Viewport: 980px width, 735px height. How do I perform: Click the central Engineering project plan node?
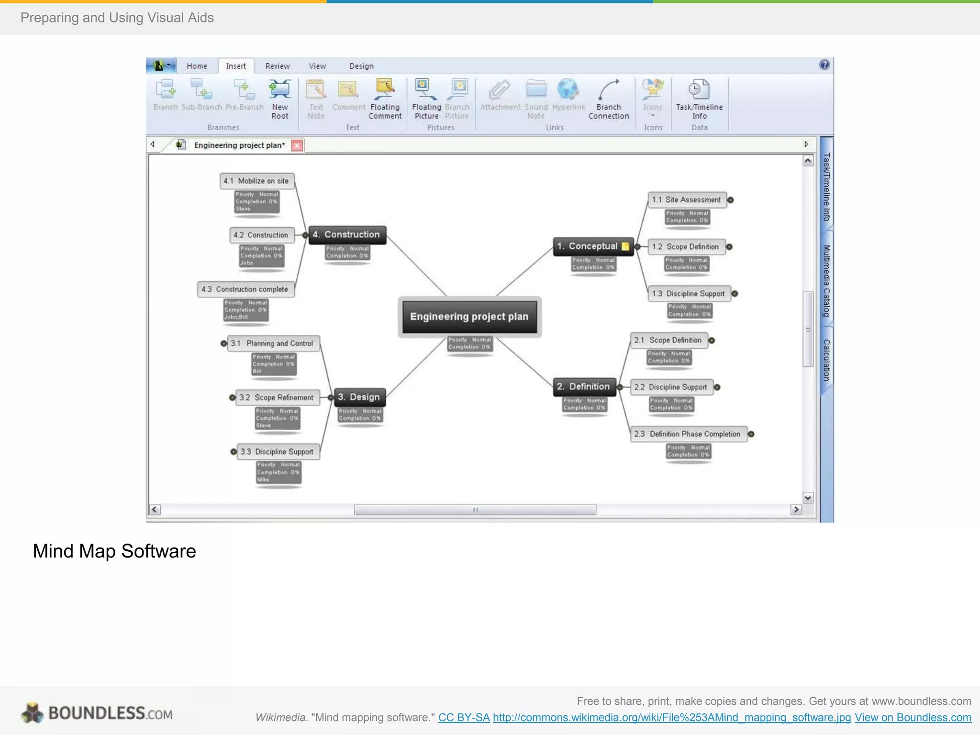click(x=469, y=317)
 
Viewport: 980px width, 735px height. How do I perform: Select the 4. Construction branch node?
click(x=347, y=234)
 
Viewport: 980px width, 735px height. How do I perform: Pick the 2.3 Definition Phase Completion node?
click(x=688, y=434)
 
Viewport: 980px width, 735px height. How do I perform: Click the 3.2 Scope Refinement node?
click(x=277, y=397)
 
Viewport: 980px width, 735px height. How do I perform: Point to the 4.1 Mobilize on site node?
click(x=256, y=181)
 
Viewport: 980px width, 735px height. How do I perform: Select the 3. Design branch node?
click(x=359, y=397)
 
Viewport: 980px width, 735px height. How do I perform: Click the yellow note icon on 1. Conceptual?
click(x=625, y=246)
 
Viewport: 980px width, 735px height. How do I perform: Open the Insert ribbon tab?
click(x=236, y=66)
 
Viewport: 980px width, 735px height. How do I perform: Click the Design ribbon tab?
click(x=361, y=66)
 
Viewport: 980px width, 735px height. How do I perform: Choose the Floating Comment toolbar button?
click(x=385, y=99)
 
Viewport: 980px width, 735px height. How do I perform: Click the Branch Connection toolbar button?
click(x=609, y=99)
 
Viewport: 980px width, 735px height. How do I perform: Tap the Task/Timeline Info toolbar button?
click(x=699, y=99)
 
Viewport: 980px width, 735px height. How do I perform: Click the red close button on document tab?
click(x=297, y=145)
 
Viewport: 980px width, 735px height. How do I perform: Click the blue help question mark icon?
click(x=824, y=65)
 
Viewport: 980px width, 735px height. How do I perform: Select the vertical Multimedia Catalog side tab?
click(x=826, y=280)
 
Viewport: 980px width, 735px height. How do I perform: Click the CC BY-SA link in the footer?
click(x=464, y=717)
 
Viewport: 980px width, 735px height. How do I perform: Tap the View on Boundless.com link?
click(x=913, y=717)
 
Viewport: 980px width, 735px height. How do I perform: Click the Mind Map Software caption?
click(x=114, y=551)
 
